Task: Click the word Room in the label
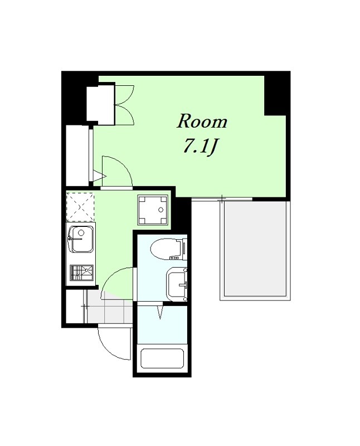[202, 122]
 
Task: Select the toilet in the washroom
[169, 249]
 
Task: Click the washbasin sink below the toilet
[177, 285]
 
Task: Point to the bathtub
[162, 360]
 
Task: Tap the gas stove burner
[81, 273]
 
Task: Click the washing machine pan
[153, 210]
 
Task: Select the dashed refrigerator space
[80, 207]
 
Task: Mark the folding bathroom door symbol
[160, 312]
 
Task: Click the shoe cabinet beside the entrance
[75, 307]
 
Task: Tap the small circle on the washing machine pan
[160, 210]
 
